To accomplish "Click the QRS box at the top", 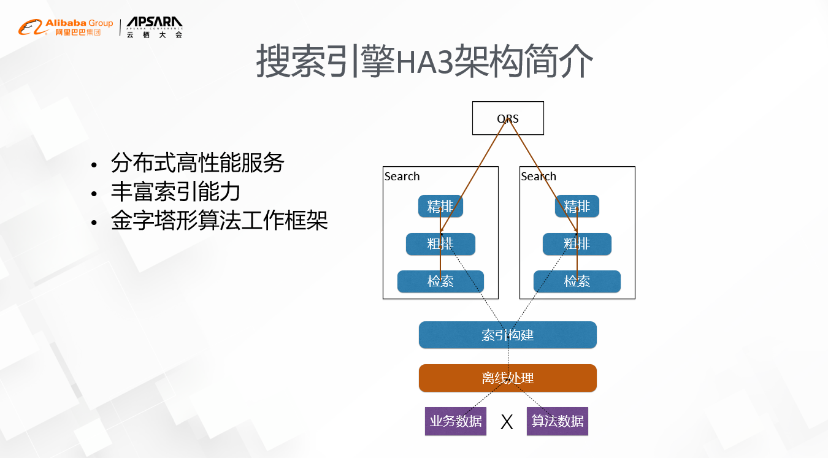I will tap(508, 118).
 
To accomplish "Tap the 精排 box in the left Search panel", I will tap(440, 207).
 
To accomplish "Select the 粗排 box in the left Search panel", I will tap(440, 244).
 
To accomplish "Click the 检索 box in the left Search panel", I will tap(440, 281).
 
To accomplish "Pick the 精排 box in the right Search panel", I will tap(577, 207).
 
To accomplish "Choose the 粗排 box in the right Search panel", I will tap(577, 244).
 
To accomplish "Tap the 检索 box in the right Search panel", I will tap(577, 281).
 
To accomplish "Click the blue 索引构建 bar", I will tap(508, 335).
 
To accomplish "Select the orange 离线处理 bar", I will tap(508, 378).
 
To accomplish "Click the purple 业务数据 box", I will tap(456, 421).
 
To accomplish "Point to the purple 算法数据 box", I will tap(558, 421).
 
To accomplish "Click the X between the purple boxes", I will tap(507, 422).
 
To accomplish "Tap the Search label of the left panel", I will tap(402, 177).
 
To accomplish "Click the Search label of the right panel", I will tap(539, 177).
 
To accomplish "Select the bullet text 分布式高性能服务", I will tap(197, 163).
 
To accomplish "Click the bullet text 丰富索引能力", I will tap(175, 192).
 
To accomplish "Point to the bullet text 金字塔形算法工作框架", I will tap(220, 221).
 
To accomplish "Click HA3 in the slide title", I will tap(423, 61).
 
